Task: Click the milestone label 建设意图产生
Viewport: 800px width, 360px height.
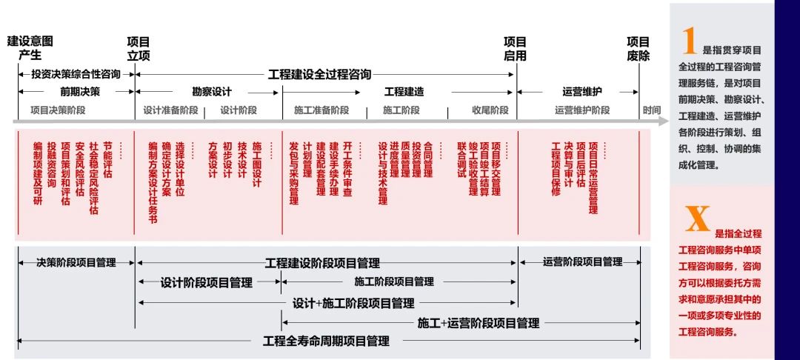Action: pyautogui.click(x=30, y=48)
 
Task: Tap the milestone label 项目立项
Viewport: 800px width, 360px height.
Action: pyautogui.click(x=139, y=48)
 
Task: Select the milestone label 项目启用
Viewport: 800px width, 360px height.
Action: pyautogui.click(x=515, y=48)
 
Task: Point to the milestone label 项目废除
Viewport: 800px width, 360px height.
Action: pyautogui.click(x=638, y=48)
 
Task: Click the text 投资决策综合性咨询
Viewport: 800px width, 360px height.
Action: pyautogui.click(x=76, y=74)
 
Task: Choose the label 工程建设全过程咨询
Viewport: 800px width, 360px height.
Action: pyautogui.click(x=319, y=74)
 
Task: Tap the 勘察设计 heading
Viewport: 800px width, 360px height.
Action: pyautogui.click(x=212, y=92)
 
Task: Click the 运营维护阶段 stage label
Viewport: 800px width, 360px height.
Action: pyautogui.click(x=581, y=110)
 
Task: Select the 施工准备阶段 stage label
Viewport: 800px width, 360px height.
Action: pyautogui.click(x=321, y=110)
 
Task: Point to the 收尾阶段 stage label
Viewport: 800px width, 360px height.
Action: pyautogui.click(x=490, y=110)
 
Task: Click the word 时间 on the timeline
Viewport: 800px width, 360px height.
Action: pyautogui.click(x=652, y=110)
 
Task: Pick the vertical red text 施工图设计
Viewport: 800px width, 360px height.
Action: pyautogui.click(x=257, y=164)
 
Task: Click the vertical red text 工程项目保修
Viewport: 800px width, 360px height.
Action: pyautogui.click(x=556, y=169)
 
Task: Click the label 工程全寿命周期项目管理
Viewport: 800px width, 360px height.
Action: pyautogui.click(x=326, y=341)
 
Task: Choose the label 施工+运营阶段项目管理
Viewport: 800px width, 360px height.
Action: pyautogui.click(x=478, y=323)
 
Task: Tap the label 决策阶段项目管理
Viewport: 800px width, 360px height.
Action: pyautogui.click(x=76, y=261)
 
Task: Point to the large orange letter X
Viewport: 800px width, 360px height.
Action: pyautogui.click(x=696, y=219)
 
